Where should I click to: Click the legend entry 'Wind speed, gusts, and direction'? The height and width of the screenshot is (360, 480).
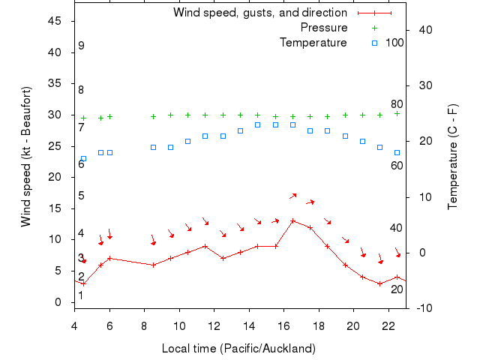(x=259, y=13)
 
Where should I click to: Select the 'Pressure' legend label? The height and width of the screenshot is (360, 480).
(x=323, y=28)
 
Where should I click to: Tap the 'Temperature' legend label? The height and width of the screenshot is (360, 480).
(x=313, y=43)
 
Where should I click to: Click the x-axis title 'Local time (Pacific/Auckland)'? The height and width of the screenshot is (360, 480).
(x=238, y=349)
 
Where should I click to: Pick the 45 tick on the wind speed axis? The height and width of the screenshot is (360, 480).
(x=54, y=21)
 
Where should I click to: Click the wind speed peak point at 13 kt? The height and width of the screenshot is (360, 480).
(x=292, y=221)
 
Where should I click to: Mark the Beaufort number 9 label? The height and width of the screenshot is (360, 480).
(x=81, y=46)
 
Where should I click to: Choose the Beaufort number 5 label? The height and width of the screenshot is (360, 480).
(x=81, y=196)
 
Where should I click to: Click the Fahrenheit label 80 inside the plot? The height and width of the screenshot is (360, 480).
(x=397, y=104)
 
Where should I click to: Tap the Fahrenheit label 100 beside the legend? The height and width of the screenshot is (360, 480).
(x=394, y=43)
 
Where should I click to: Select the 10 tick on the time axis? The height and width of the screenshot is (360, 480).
(x=179, y=326)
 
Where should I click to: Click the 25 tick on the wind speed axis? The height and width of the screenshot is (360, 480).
(x=54, y=146)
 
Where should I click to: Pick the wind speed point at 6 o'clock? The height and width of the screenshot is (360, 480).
(x=109, y=258)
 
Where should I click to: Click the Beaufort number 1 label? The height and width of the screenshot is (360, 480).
(x=81, y=295)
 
